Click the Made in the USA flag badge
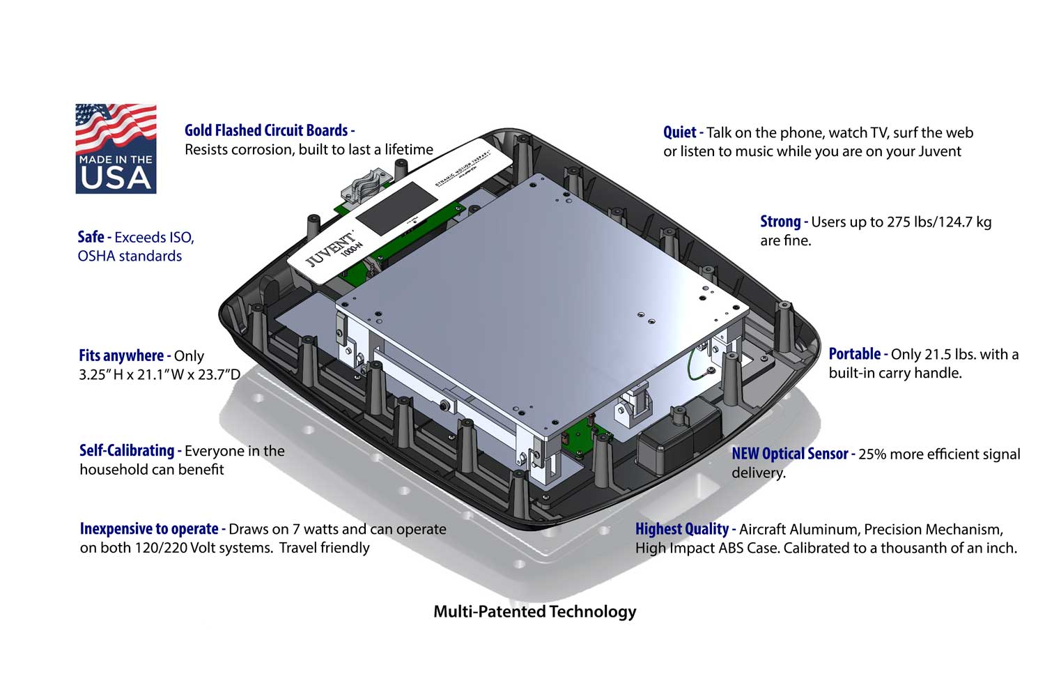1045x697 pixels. click(116, 148)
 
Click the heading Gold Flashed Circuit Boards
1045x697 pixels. click(266, 130)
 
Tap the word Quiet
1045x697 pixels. click(679, 132)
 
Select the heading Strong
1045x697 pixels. click(780, 222)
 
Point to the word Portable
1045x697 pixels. click(854, 354)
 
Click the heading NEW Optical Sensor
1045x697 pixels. click(789, 454)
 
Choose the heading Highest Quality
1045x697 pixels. click(681, 529)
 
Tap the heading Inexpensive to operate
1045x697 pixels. click(148, 529)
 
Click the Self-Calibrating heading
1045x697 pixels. click(127, 450)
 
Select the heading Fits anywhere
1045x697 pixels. click(121, 355)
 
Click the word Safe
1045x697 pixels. click(91, 237)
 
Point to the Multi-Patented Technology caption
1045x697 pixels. click(534, 612)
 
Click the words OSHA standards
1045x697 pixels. click(130, 256)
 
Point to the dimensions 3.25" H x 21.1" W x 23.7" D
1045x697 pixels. click(159, 374)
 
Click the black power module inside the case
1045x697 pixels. click(679, 430)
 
